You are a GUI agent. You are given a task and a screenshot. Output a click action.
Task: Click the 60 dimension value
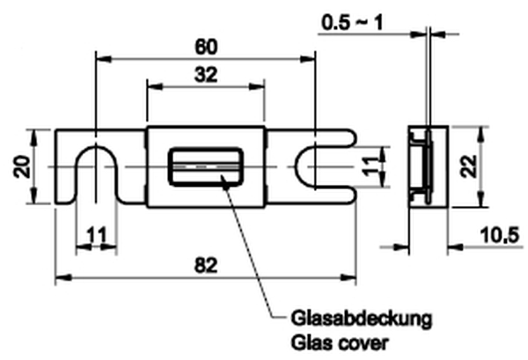pyautogui.click(x=204, y=44)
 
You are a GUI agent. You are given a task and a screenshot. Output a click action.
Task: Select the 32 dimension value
pyautogui.click(x=204, y=76)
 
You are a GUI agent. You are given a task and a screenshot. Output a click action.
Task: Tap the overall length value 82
pyautogui.click(x=204, y=265)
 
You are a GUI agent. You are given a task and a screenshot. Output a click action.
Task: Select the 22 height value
pyautogui.click(x=496, y=166)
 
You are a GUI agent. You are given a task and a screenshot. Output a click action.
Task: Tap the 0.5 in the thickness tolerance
pyautogui.click(x=335, y=21)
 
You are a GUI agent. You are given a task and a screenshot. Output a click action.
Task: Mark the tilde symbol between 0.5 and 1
pyautogui.click(x=362, y=21)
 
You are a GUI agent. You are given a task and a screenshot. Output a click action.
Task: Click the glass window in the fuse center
pyautogui.click(x=205, y=166)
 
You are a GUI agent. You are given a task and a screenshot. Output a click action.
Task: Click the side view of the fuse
pyautogui.click(x=426, y=166)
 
